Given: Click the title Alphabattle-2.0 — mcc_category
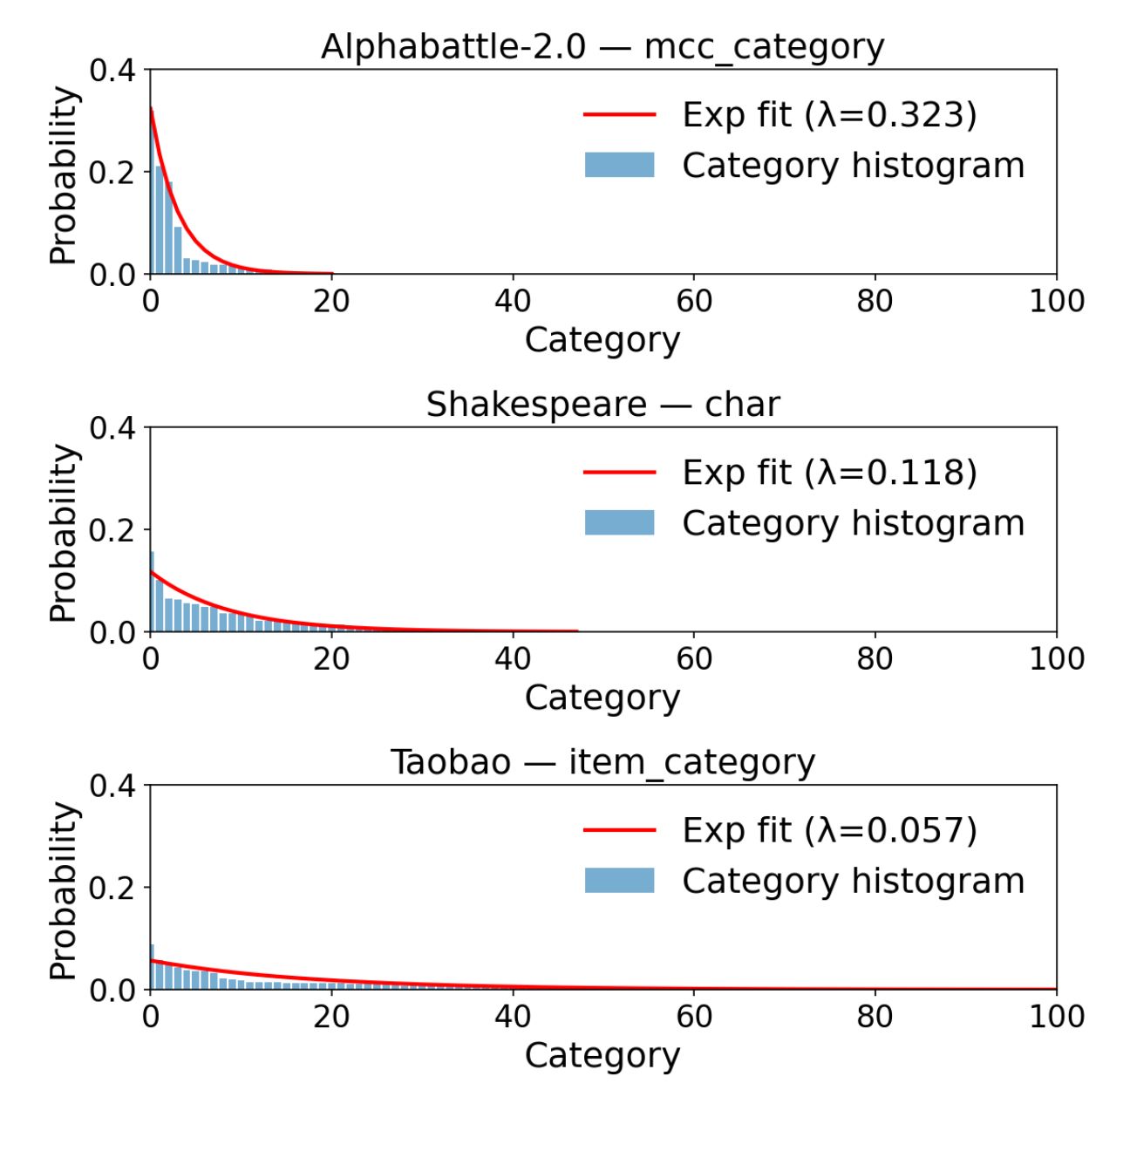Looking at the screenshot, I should (602, 46).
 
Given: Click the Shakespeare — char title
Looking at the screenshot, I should (602, 405).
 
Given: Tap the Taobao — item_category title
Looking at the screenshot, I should (602, 762).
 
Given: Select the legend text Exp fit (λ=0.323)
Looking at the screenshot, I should (829, 114).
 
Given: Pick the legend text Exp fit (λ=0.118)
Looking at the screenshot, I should (829, 472).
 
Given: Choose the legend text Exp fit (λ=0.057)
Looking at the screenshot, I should (829, 830).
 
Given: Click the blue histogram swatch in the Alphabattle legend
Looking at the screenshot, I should (619, 165).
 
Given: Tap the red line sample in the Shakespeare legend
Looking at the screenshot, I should (619, 472).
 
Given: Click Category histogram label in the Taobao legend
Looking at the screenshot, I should (853, 881).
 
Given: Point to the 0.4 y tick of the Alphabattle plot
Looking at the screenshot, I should (113, 70).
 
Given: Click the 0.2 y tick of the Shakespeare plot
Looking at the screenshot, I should (113, 529).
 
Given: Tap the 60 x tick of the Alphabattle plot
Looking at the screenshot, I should (694, 301).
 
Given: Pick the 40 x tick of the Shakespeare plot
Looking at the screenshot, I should (513, 658).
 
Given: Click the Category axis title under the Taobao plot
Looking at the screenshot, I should (602, 1055).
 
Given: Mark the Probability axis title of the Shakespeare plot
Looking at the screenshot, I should (63, 532).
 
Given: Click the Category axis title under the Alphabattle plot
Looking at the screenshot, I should (602, 339).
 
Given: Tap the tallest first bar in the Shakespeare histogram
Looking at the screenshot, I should (152, 593).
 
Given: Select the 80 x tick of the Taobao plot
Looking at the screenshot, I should (875, 1016).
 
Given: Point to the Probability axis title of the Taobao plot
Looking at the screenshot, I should (63, 890).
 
